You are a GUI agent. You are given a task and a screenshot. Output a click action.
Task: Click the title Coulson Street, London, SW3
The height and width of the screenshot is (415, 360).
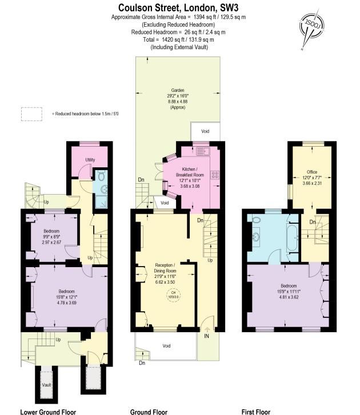point(180,7)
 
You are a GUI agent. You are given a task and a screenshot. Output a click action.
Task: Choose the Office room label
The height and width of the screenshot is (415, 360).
point(311,171)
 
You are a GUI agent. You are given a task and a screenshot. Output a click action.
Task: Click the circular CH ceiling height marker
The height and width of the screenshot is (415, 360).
point(173,295)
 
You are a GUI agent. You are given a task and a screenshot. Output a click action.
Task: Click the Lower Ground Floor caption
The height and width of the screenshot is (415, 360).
point(47,411)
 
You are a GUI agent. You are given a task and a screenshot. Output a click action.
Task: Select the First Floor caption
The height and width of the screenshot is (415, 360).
point(255,411)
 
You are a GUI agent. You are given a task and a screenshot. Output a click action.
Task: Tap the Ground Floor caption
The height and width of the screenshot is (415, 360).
point(149,411)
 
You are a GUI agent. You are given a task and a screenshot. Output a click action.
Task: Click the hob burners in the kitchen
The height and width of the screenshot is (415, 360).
point(215,175)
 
